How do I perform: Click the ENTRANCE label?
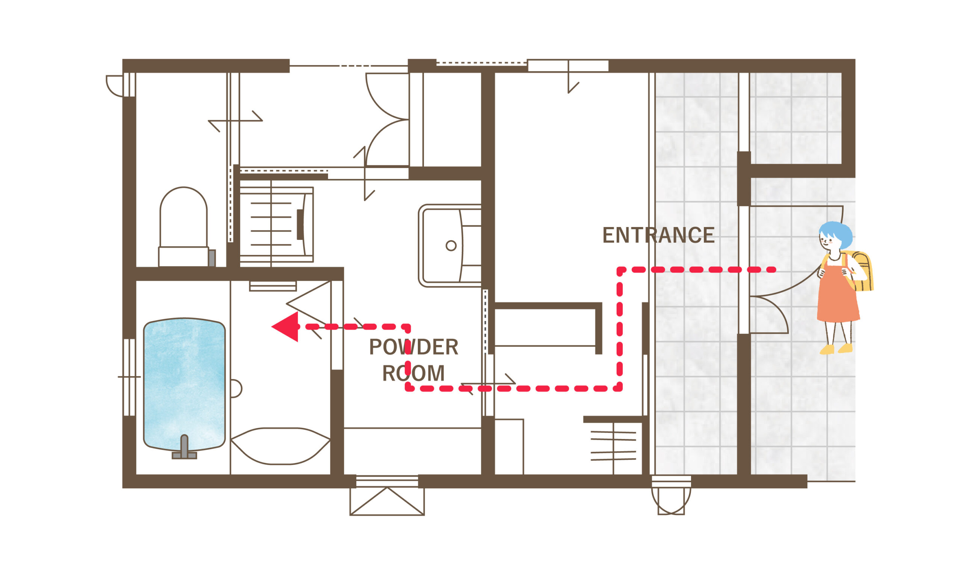(x=658, y=235)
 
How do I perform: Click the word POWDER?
(x=413, y=347)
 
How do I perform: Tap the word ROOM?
(x=413, y=373)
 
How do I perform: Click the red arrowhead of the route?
(x=285, y=327)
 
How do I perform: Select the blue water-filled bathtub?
(x=184, y=385)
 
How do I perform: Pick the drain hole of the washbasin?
(x=451, y=245)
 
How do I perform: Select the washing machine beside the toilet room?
(x=277, y=225)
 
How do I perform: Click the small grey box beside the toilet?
(x=212, y=258)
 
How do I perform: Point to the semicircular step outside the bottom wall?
(x=671, y=501)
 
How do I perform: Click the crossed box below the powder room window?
(x=387, y=501)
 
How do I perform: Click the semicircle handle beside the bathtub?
(x=236, y=389)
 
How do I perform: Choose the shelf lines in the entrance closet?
(x=613, y=446)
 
